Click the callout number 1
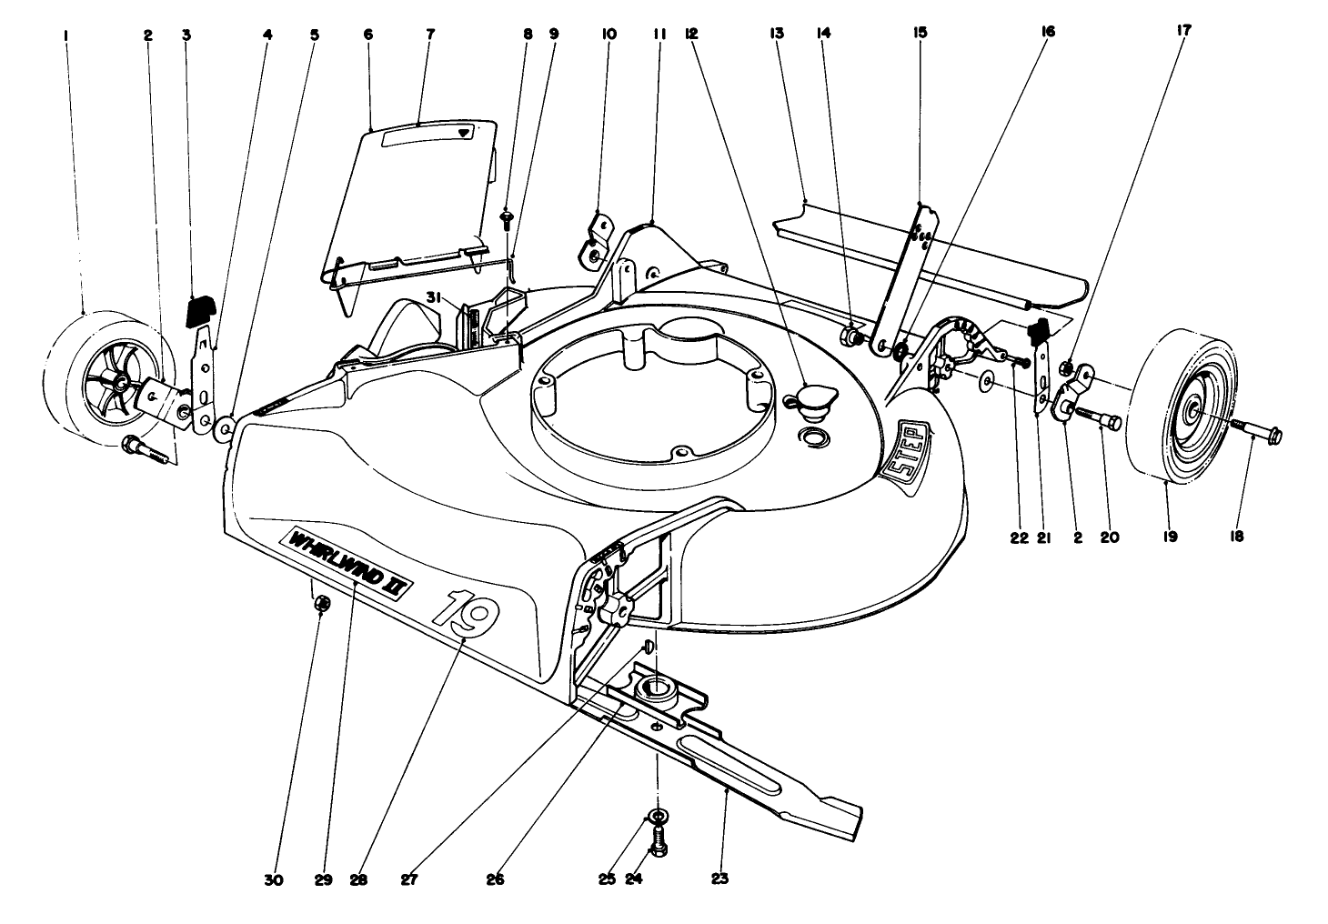tap(65, 35)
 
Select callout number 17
tap(1184, 30)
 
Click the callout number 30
tap(274, 880)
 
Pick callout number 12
tap(691, 34)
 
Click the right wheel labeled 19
tap(1182, 412)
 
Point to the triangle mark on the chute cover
tap(466, 133)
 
